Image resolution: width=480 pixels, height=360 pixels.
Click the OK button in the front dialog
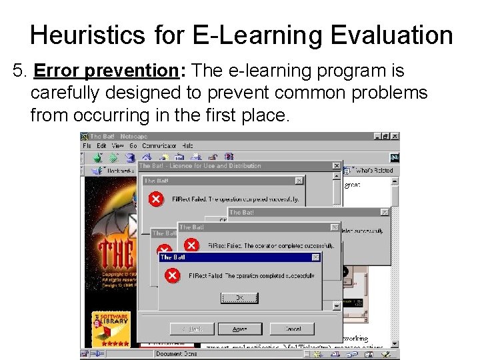(x=239, y=297)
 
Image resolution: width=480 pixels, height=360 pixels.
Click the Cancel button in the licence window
(x=293, y=329)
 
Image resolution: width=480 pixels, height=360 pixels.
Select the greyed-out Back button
(x=192, y=329)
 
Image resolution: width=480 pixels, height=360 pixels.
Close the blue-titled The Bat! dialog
(x=316, y=257)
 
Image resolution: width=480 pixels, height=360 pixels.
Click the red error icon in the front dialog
(x=172, y=275)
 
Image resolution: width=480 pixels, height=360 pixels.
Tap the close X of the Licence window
(x=337, y=166)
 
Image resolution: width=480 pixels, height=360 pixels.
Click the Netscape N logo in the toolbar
(x=395, y=157)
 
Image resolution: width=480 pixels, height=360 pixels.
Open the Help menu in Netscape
(x=187, y=145)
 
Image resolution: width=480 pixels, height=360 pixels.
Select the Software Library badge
(x=110, y=327)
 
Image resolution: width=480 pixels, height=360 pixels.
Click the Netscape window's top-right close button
(x=395, y=136)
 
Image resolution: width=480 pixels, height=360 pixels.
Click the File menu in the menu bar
(x=87, y=145)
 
